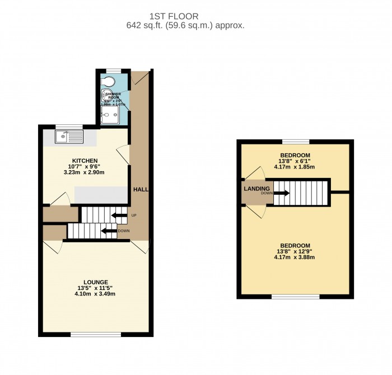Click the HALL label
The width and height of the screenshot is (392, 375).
141,190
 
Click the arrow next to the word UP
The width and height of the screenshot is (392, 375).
119,215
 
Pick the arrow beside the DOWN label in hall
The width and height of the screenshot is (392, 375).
109,230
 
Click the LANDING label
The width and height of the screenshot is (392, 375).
257,189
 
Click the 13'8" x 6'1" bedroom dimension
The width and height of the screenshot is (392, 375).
295,161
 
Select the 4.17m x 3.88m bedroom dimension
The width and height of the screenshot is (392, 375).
295,257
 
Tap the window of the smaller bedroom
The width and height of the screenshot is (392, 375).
295,141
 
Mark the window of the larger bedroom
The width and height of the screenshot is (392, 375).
295,296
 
